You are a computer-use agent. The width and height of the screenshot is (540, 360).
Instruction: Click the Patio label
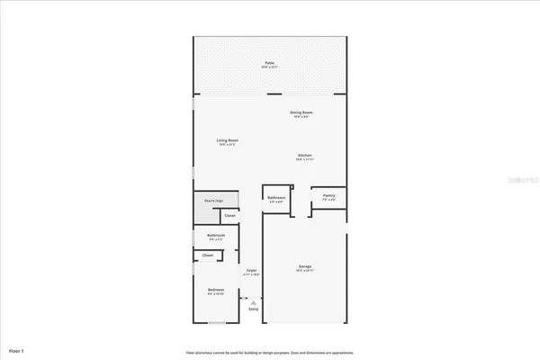(270, 63)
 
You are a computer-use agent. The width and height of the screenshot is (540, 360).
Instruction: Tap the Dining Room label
(301, 112)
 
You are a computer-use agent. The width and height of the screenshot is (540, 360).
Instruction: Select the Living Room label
(227, 140)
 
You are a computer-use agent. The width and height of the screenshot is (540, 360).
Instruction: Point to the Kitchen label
(305, 156)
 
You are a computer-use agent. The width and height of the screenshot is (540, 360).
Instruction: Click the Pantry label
(329, 194)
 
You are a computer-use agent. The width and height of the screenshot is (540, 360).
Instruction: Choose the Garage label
(305, 266)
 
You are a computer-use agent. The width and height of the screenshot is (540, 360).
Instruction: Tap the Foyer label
(252, 270)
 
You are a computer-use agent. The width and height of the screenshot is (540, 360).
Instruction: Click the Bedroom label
(216, 289)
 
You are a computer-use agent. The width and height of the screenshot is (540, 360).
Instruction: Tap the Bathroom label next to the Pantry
(276, 197)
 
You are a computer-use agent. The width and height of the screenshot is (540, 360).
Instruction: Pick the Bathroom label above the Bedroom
(216, 236)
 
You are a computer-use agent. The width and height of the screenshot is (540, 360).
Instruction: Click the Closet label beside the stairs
(229, 216)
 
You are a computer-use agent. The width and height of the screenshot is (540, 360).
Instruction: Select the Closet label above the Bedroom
(208, 256)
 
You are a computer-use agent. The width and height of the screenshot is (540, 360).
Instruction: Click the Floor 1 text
(17, 349)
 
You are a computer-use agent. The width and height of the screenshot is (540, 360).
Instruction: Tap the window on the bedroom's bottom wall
(217, 322)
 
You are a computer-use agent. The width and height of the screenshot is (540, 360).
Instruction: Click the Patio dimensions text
(270, 67)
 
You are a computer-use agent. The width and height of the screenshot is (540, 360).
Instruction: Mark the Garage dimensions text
(305, 271)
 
